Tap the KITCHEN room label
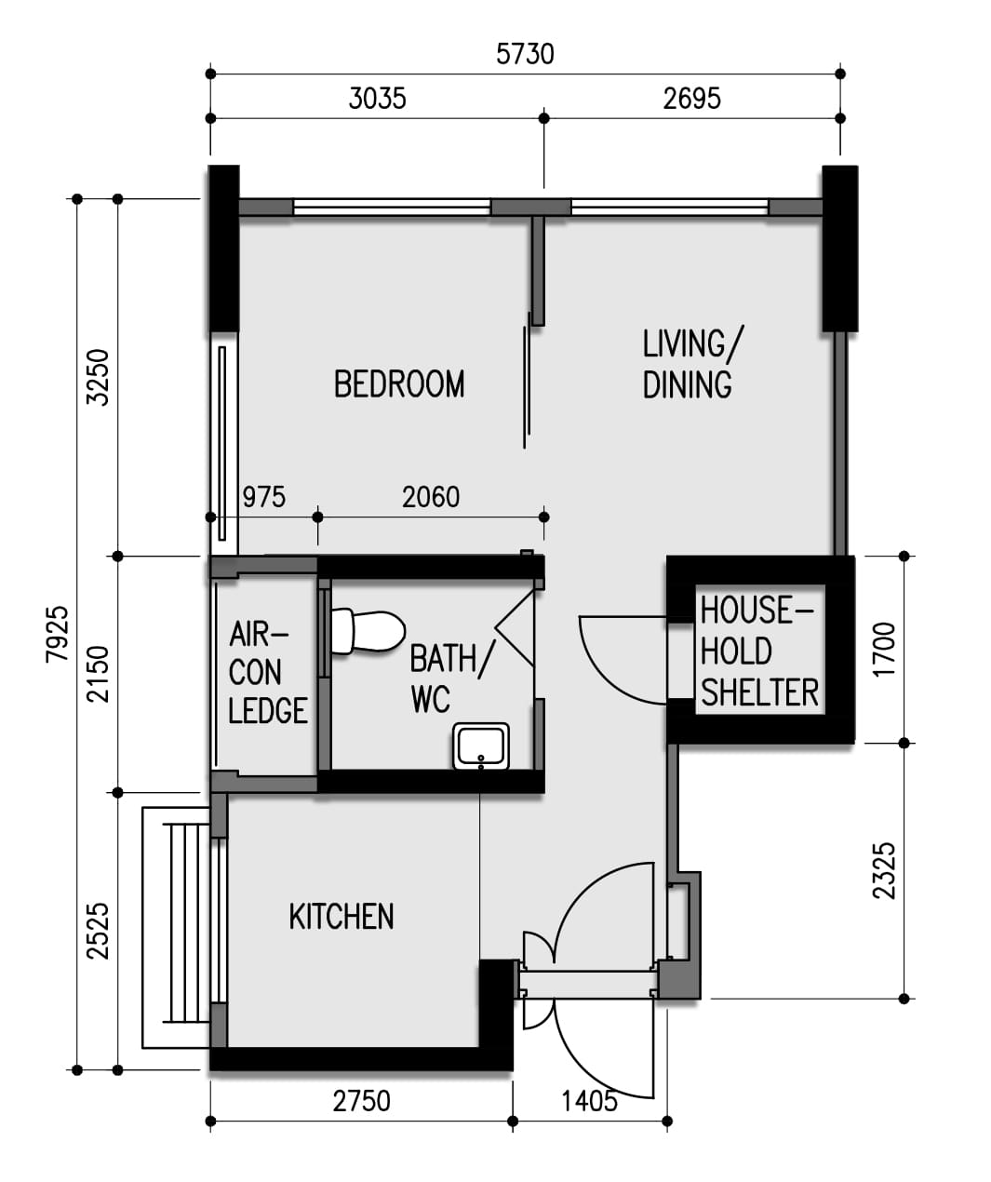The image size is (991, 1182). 341,916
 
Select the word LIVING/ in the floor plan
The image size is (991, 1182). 692,343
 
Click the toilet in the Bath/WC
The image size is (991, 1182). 368,631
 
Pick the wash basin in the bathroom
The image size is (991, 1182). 480,746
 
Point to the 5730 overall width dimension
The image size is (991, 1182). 525,54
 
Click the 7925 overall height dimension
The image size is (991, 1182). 58,634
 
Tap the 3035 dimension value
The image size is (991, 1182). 378,99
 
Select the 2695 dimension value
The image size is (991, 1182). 691,99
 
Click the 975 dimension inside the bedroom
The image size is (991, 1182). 264,497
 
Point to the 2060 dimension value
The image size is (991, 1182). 431,497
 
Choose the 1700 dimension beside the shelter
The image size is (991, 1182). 884,650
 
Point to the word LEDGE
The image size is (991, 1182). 268,710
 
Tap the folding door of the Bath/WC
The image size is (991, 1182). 515,628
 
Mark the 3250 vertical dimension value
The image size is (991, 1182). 98,377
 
